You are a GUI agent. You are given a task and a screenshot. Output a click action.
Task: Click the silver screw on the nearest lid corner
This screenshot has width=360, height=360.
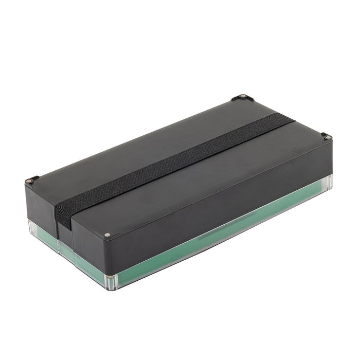pyautogui.click(x=107, y=235)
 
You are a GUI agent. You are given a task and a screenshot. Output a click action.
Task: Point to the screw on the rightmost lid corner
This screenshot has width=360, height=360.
pyautogui.click(x=327, y=137)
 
